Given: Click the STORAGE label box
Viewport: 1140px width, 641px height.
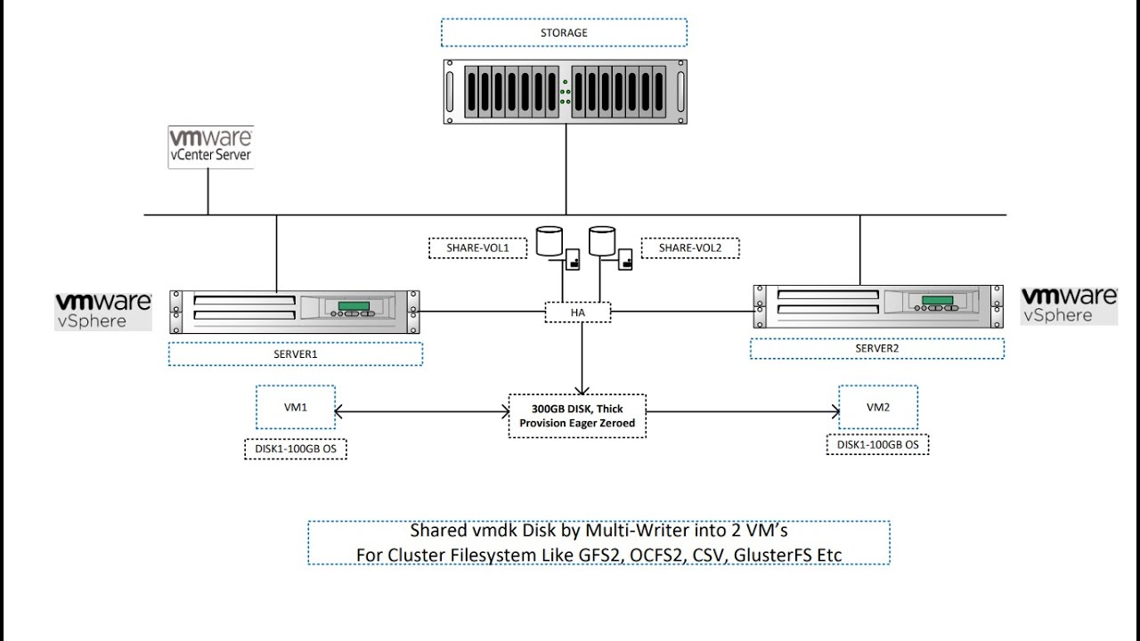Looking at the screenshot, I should (564, 33).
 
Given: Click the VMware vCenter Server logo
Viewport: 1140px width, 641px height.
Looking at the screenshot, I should (211, 147).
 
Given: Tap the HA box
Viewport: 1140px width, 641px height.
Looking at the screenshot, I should (578, 312).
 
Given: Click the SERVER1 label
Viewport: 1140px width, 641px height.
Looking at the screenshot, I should (295, 354).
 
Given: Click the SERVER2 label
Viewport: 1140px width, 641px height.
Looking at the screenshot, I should (876, 348).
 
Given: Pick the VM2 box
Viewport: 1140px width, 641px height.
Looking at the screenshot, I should (878, 409).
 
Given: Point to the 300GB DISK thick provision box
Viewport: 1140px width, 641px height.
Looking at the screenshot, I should (577, 416).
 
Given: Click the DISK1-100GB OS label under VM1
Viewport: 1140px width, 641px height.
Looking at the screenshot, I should (295, 449).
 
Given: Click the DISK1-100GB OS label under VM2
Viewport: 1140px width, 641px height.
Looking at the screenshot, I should (877, 444).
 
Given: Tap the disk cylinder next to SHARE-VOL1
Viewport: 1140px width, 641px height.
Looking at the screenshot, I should (550, 241).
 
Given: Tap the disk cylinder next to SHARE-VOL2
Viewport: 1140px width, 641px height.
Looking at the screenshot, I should (602, 241).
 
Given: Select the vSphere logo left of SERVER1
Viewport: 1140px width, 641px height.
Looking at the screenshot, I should (103, 311).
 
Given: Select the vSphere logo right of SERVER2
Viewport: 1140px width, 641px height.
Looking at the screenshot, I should (1069, 304).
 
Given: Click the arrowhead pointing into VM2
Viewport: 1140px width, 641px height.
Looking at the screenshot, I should (835, 411).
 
